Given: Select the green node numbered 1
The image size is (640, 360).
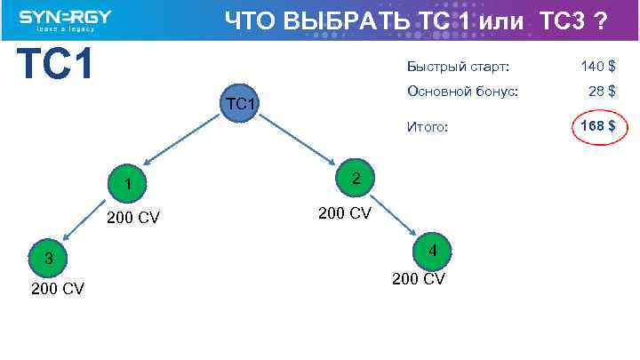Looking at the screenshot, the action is pos(128,184).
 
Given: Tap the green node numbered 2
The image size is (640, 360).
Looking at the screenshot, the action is pos(356,179).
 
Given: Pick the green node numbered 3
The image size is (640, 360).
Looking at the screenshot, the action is pos(50,259).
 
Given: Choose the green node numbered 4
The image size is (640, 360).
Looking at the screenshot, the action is pos(432,251).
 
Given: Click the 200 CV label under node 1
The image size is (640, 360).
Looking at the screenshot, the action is pos(133,217).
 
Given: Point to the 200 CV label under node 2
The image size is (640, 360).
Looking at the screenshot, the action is pos(345,213).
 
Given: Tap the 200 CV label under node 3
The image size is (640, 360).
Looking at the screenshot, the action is pos(58,289).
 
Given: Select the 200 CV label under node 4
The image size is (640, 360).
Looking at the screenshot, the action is pos(419,279).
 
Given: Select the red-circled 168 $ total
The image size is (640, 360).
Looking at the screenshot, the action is pos(597,127).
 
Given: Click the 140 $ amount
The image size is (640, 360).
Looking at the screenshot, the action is pos(598,67).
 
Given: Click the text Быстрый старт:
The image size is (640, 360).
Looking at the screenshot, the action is pos(458,67).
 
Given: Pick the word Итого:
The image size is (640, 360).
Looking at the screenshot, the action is pos(428,128).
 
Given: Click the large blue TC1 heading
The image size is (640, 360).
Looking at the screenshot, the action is pos(56,64).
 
